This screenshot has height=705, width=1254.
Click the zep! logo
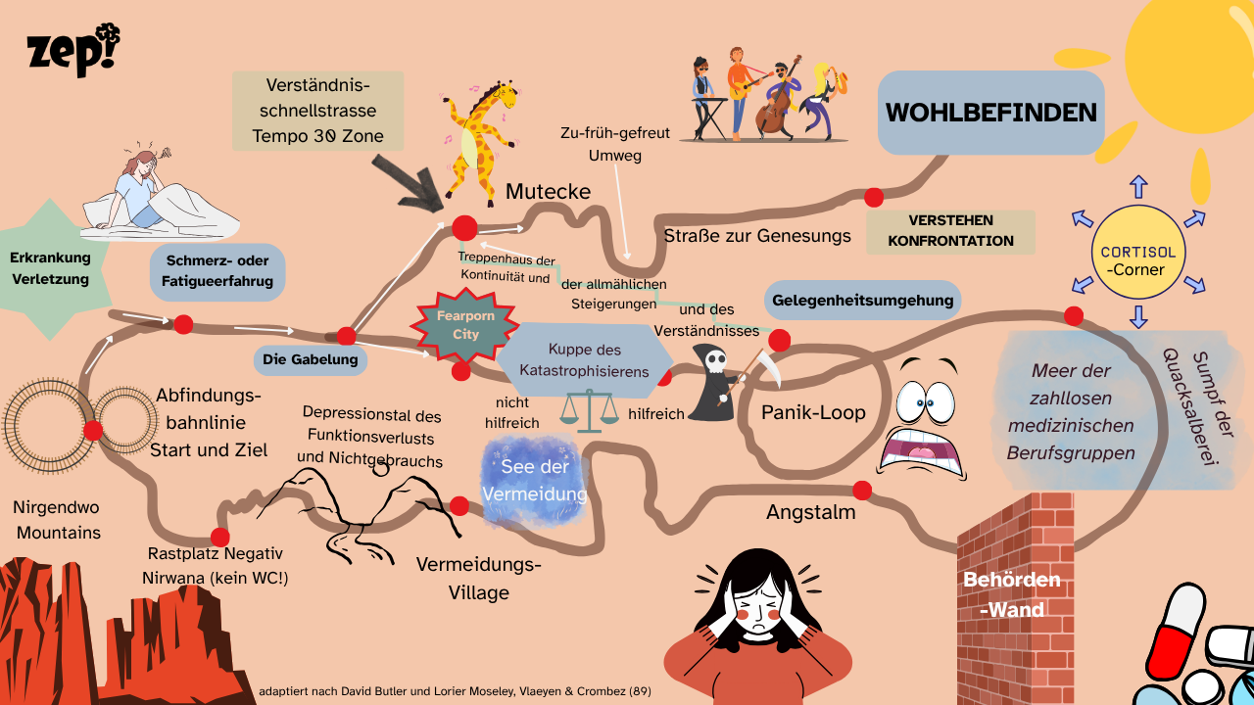(73, 51)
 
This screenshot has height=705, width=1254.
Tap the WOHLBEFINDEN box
(990, 113)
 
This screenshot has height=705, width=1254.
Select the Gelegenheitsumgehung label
(862, 301)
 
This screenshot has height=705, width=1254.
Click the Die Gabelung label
(312, 359)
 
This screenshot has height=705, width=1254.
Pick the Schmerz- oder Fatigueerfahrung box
(217, 271)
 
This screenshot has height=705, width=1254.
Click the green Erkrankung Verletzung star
(50, 269)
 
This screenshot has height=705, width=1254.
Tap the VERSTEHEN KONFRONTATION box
(950, 231)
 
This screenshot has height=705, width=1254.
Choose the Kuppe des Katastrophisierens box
(585, 360)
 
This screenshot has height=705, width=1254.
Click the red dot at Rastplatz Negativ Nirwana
(219, 537)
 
